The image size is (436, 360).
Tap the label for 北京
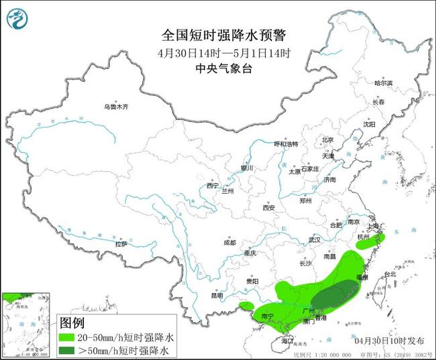click(327, 139)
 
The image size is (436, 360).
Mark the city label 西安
click(269, 207)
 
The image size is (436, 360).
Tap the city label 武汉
click(315, 239)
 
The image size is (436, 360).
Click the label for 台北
click(389, 274)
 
